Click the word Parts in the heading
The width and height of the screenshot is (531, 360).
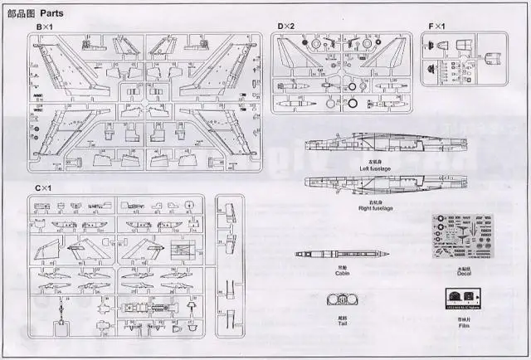(x=54, y=11)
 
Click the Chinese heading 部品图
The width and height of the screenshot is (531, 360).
(x=21, y=11)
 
